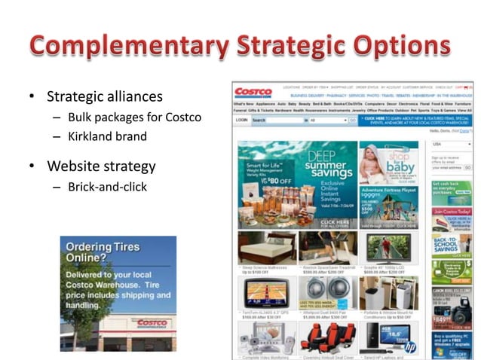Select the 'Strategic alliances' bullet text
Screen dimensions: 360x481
[105, 96]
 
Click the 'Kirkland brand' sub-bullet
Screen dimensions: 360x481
[107, 137]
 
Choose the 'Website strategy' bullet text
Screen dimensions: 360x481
[101, 166]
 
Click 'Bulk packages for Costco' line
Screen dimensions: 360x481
[134, 117]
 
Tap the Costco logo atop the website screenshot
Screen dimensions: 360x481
[253, 93]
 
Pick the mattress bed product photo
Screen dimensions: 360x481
[266, 247]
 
